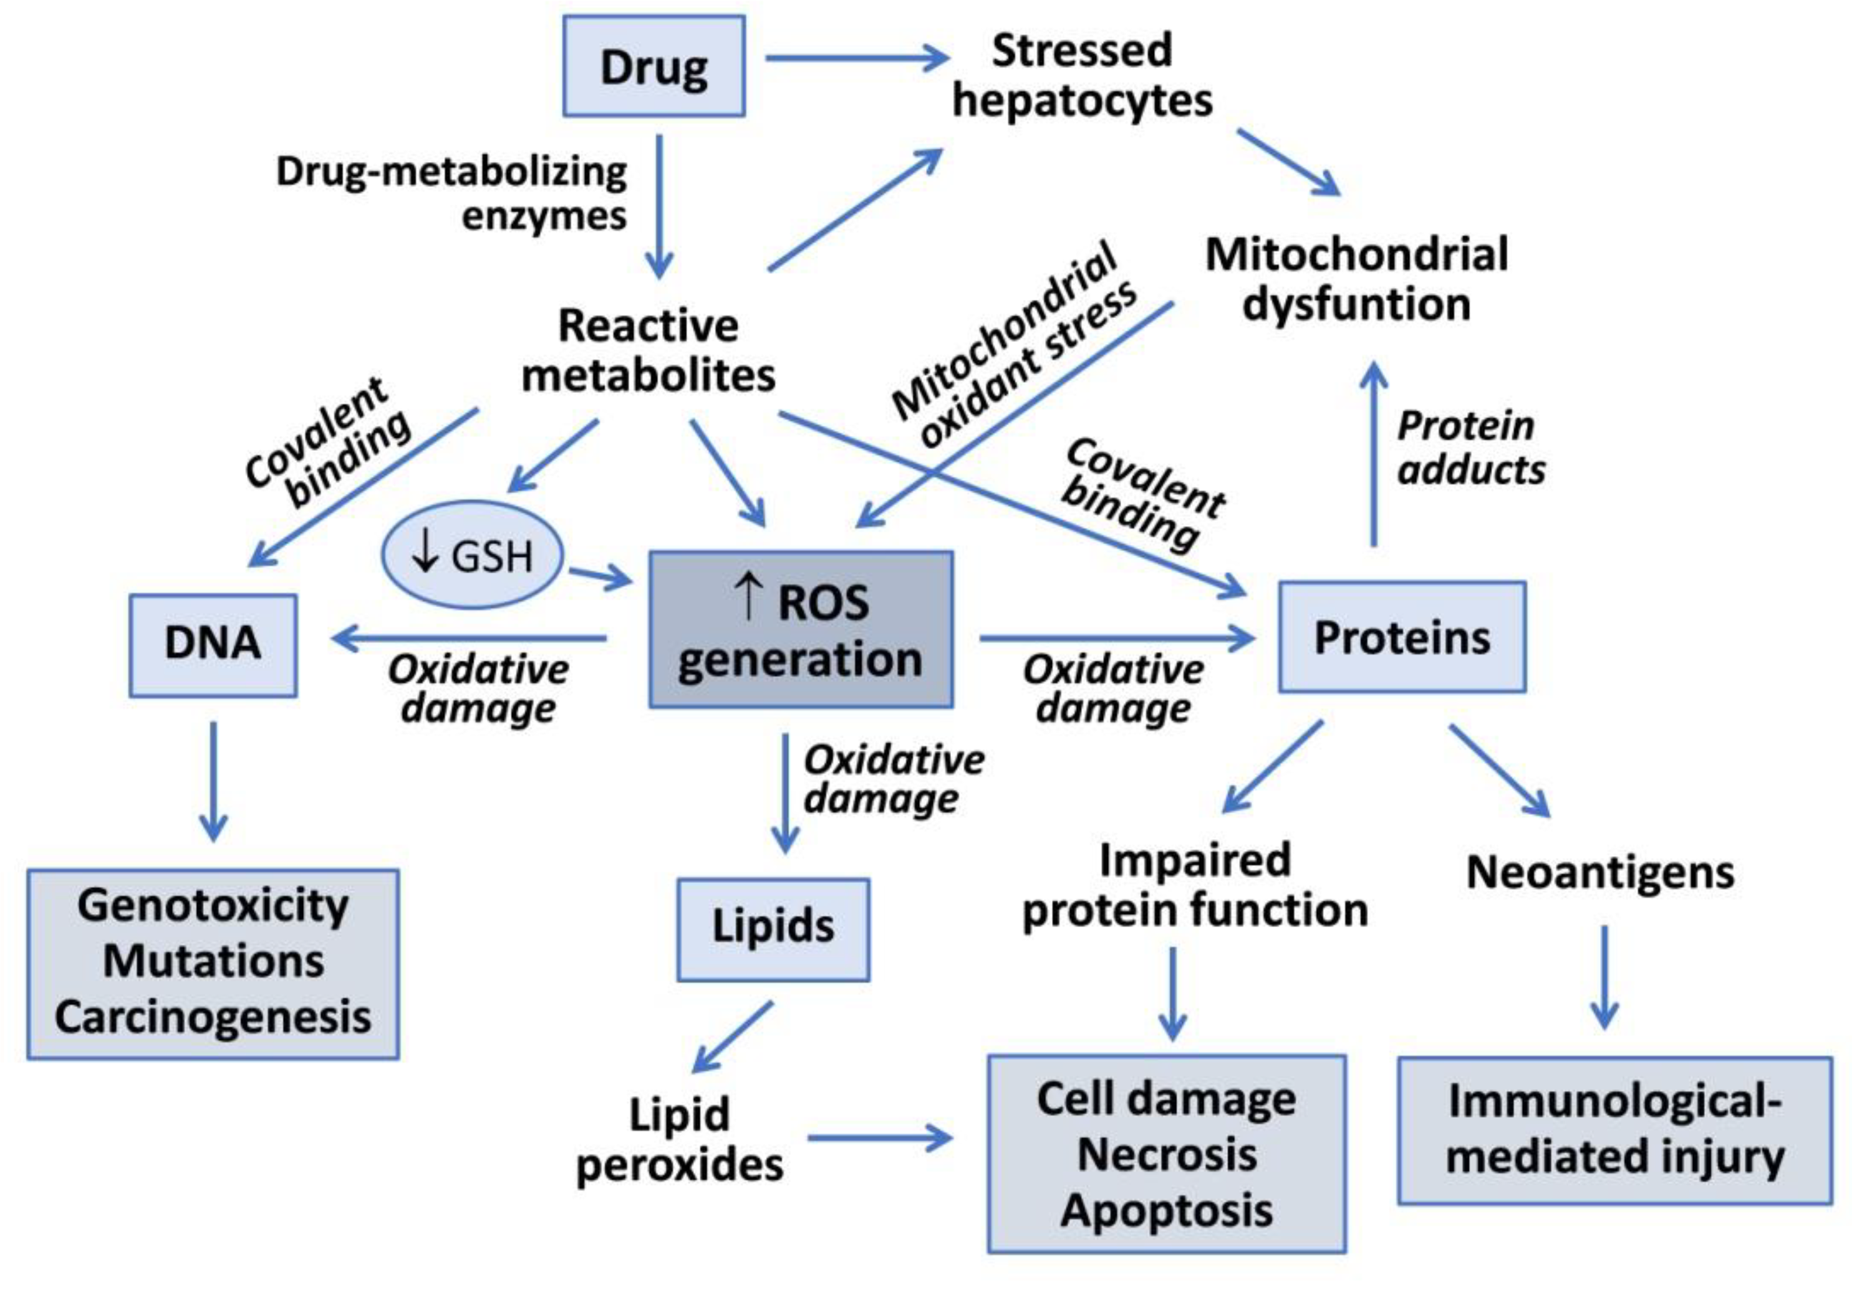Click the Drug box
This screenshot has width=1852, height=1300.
[x=654, y=66]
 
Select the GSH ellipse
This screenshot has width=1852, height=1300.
[x=472, y=555]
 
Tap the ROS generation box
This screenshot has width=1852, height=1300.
[x=800, y=630]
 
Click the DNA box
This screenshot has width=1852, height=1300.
[x=213, y=645]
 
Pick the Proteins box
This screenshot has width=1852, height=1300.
[x=1402, y=637]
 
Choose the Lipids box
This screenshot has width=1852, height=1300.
[x=773, y=929]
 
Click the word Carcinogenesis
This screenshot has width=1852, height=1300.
[x=213, y=1017]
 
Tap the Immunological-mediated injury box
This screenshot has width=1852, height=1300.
[x=1614, y=1130]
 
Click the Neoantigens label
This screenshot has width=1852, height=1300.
[x=1599, y=872]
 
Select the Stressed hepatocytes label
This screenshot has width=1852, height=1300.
[x=1082, y=76]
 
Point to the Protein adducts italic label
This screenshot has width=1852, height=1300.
[x=1470, y=448]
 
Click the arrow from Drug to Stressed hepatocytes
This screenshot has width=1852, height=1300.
[x=855, y=57]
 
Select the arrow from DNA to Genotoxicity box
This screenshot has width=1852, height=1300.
[x=213, y=781]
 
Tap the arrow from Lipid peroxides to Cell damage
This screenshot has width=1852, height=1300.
[x=879, y=1138]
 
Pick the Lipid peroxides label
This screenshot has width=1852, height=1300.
[x=679, y=1140]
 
